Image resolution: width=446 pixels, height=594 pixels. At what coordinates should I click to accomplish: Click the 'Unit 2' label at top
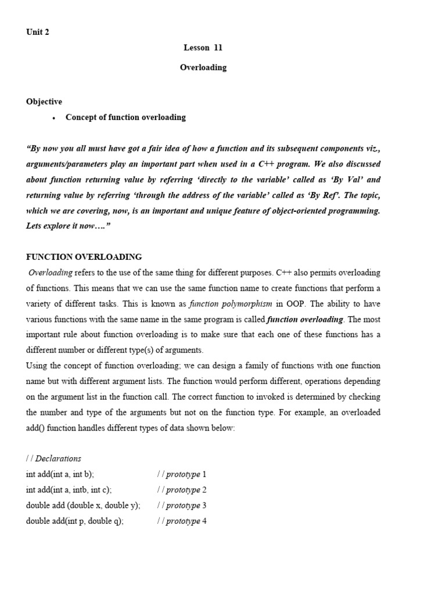(x=38, y=32)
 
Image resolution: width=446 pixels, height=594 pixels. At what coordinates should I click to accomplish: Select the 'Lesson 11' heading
(x=203, y=48)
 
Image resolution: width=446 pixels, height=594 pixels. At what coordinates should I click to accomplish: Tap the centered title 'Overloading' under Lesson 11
(x=203, y=67)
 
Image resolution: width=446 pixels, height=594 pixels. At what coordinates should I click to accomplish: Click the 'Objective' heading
(x=44, y=102)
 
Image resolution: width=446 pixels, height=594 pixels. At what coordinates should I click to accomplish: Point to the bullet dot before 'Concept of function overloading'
(x=53, y=118)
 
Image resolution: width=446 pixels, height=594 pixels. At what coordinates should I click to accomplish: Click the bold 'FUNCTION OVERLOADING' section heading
(x=84, y=257)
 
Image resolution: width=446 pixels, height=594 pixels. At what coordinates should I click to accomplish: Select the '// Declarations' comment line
(x=53, y=458)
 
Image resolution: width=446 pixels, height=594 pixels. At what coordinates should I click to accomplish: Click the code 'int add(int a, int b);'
(x=60, y=474)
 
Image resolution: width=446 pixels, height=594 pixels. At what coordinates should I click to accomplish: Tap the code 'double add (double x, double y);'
(x=83, y=505)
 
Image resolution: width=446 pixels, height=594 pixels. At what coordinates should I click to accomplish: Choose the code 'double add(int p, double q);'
(x=75, y=521)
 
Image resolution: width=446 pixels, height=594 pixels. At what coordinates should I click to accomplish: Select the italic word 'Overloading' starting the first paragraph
(x=51, y=273)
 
